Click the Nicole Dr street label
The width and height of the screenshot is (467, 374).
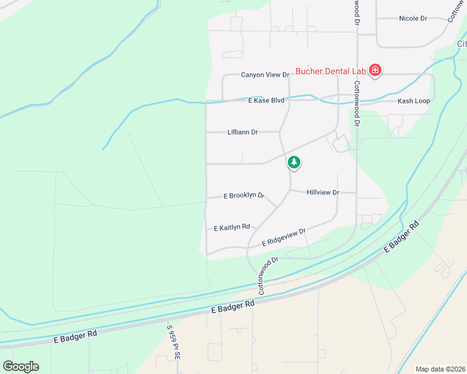tap(413, 19)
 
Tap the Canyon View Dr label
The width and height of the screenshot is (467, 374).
tap(265, 75)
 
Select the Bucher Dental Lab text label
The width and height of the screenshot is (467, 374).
tap(330, 71)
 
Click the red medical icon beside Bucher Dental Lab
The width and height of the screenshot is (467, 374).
tap(375, 70)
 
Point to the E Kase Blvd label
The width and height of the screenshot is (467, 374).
tap(266, 100)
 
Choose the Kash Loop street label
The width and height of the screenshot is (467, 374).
tap(414, 101)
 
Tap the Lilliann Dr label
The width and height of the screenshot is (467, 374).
tap(243, 132)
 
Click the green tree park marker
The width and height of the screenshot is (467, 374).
tap(294, 163)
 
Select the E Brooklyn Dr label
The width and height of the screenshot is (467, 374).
tap(243, 196)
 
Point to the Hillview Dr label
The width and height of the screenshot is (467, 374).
tap(323, 193)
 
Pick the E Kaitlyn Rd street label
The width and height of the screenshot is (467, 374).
tap(232, 228)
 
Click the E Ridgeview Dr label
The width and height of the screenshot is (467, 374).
tap(284, 237)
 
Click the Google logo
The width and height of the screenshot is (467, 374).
tap(21, 366)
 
